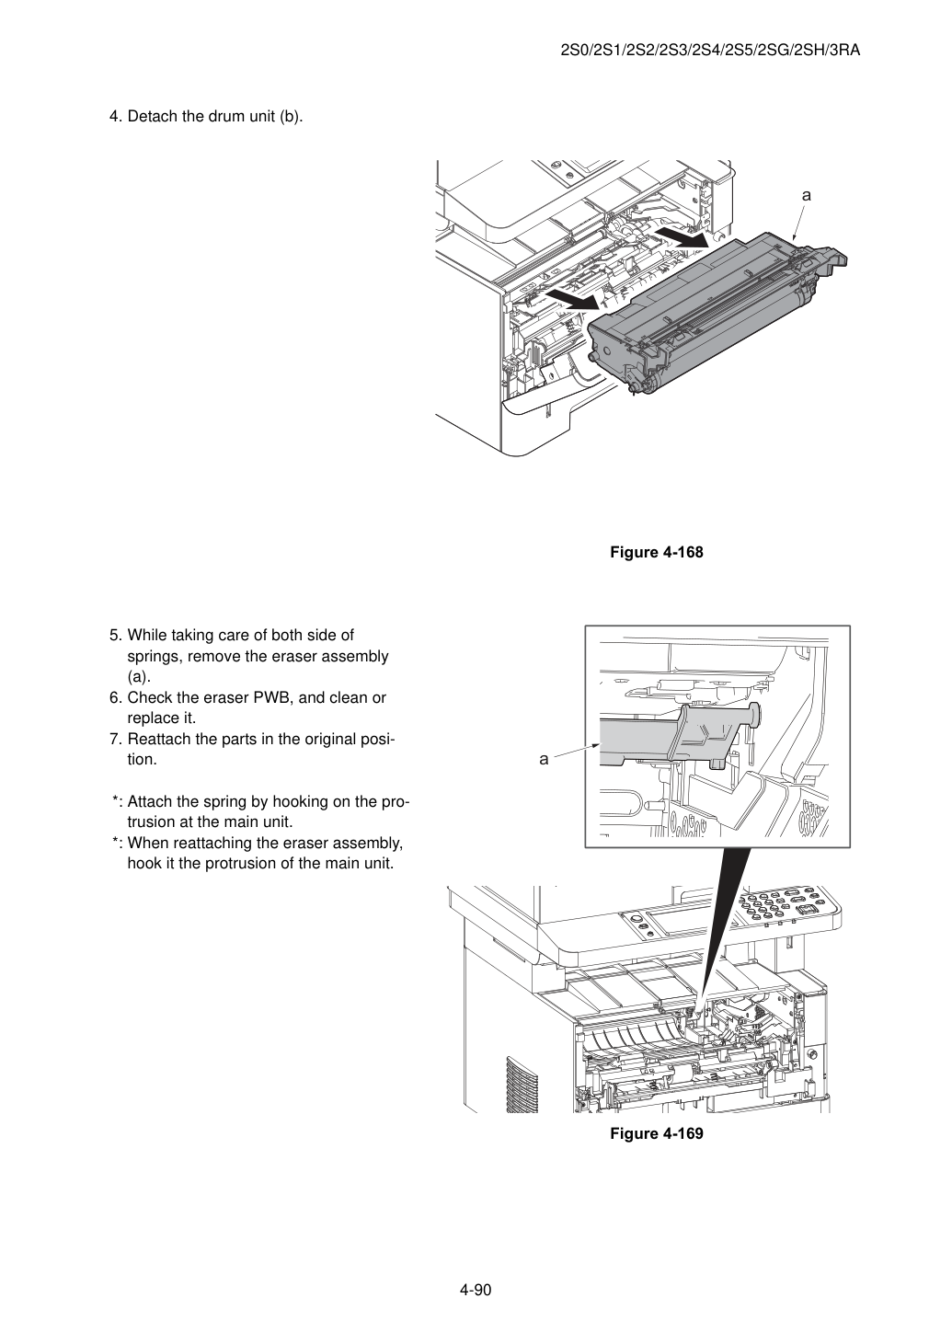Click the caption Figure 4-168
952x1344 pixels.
coord(656,552)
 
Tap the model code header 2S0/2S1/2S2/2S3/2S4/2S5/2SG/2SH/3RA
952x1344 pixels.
coord(710,51)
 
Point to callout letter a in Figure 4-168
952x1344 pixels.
coord(807,195)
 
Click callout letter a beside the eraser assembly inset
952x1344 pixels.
coord(544,759)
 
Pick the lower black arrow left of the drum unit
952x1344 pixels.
coord(572,298)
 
